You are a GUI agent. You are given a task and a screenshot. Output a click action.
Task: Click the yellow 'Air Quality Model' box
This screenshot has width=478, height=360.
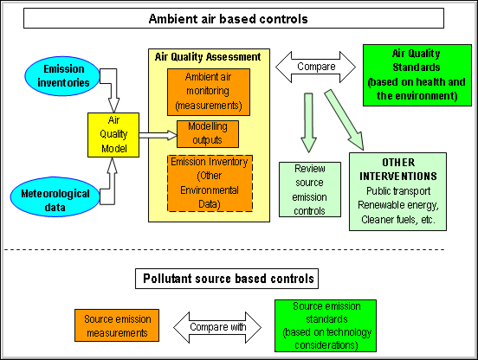click(x=109, y=136)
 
